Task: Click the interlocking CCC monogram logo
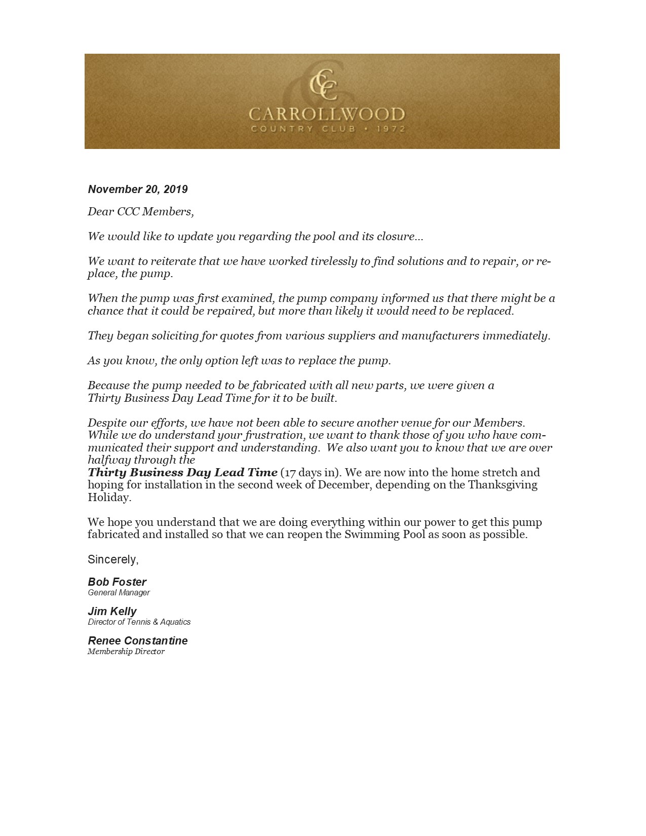[x=323, y=81]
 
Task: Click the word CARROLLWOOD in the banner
[x=326, y=114]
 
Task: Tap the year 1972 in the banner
[x=391, y=129]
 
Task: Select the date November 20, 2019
[x=138, y=189]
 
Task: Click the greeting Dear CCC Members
[x=140, y=211]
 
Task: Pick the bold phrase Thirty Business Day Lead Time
[x=182, y=473]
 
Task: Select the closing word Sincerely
[x=113, y=559]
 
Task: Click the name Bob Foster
[x=117, y=582]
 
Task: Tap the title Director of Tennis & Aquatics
[x=139, y=622]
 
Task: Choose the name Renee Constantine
[x=138, y=640]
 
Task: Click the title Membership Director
[x=126, y=652]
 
